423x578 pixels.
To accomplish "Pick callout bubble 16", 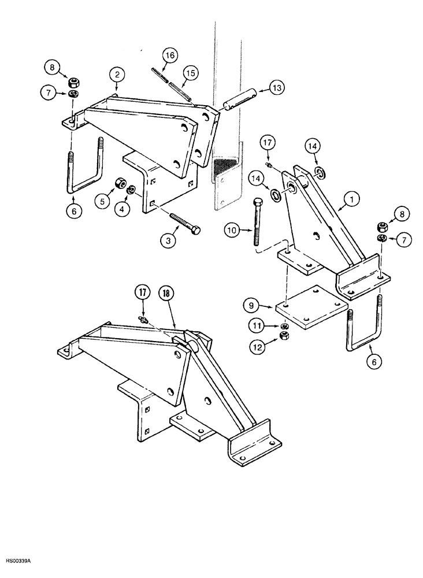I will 169,56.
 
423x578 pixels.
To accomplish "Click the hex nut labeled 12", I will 284,335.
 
